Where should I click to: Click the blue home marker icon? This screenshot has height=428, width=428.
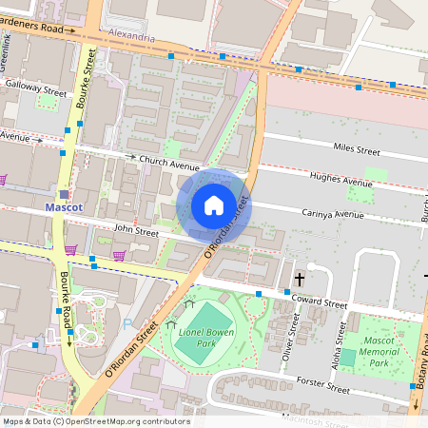pyautogui.click(x=214, y=205)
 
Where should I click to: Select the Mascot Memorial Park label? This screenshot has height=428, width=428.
pyautogui.click(x=379, y=351)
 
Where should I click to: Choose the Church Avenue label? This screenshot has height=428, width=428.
pyautogui.click(x=168, y=162)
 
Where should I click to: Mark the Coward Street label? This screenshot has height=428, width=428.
pyautogui.click(x=321, y=303)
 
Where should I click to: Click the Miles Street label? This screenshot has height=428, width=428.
pyautogui.click(x=356, y=150)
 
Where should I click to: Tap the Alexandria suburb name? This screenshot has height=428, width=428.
pyautogui.click(x=132, y=36)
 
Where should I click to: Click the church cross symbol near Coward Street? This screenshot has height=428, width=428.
pyautogui.click(x=300, y=279)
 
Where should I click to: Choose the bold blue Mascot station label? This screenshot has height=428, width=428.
pyautogui.click(x=65, y=206)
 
